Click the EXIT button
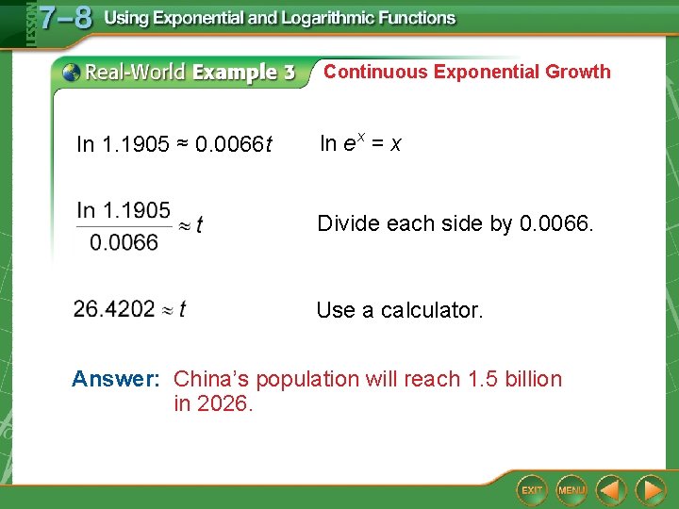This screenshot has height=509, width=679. point(532,490)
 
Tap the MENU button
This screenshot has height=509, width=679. point(571,490)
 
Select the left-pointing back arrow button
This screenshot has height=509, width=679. point(612,490)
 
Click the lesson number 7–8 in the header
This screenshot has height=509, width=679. point(65,19)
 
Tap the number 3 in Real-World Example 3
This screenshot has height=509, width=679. point(288,73)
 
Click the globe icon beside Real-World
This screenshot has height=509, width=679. point(69,72)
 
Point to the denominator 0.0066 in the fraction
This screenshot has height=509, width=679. point(124,242)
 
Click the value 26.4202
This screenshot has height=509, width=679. point(114,309)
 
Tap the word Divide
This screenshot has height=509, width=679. point(348,223)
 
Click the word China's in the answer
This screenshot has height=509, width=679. point(211,379)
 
